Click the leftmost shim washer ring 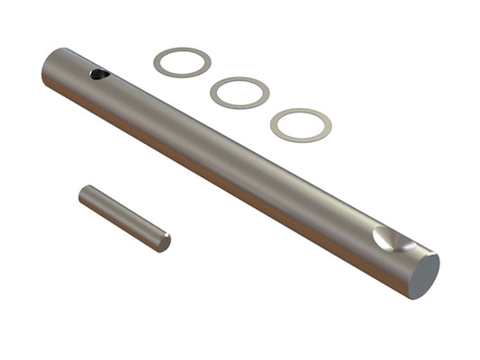click(x=159, y=62)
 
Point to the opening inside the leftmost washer click(x=182, y=62)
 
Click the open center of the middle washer click(x=240, y=93)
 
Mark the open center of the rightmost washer click(x=301, y=125)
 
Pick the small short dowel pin click(x=123, y=218)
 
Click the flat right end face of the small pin click(x=164, y=241)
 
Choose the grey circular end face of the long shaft click(x=423, y=275)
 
